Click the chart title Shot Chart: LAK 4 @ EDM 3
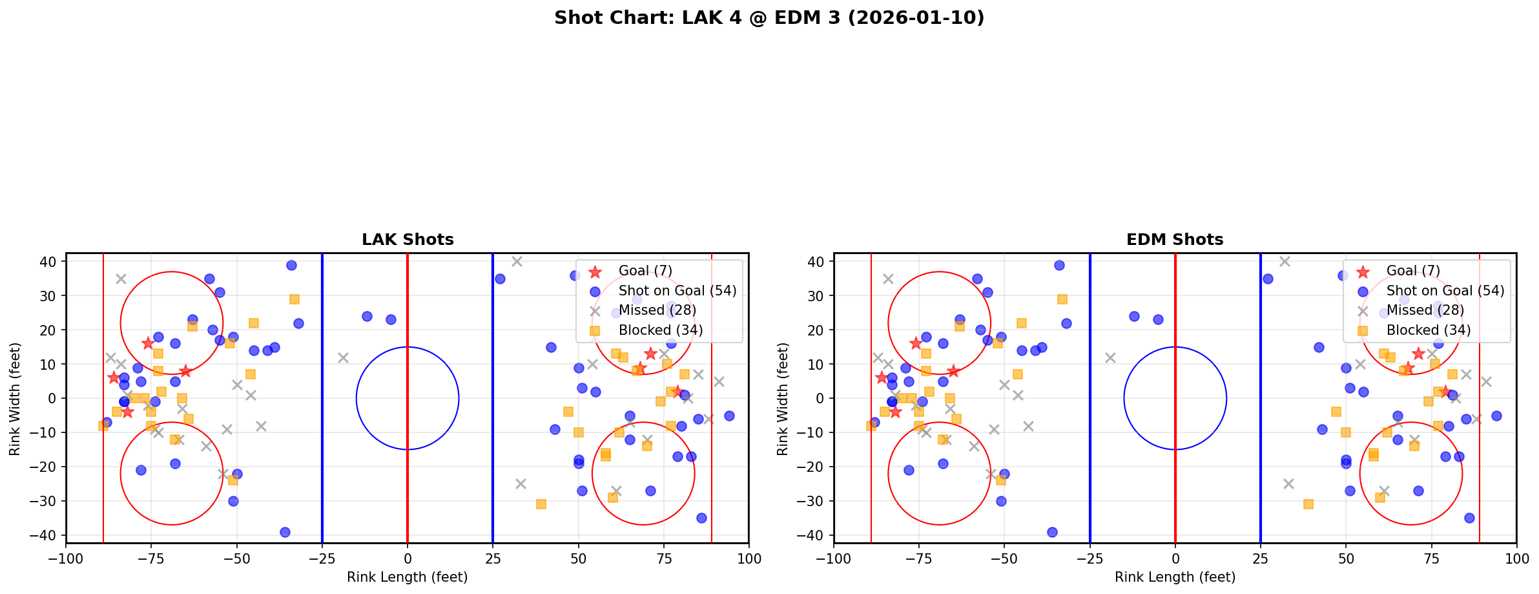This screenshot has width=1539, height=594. pyautogui.click(x=769, y=17)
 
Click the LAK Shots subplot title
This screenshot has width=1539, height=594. pyautogui.click(x=408, y=240)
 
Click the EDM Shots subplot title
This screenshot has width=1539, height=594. pyautogui.click(x=1175, y=240)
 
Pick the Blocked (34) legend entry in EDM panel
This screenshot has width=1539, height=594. pyautogui.click(x=1429, y=330)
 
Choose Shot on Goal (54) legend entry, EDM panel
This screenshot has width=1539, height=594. pyautogui.click(x=1445, y=291)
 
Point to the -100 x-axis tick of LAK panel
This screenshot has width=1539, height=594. pyautogui.click(x=66, y=558)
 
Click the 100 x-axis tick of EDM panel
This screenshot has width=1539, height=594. pyautogui.click(x=1516, y=558)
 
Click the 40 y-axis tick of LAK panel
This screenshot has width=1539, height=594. pyautogui.click(x=49, y=262)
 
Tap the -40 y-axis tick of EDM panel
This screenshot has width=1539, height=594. pyautogui.click(x=813, y=535)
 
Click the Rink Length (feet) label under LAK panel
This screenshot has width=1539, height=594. pyautogui.click(x=408, y=577)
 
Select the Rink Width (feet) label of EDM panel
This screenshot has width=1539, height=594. pyautogui.click(x=783, y=399)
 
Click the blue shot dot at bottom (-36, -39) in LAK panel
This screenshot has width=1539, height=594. pyautogui.click(x=285, y=532)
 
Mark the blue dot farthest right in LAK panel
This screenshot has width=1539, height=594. pyautogui.click(x=729, y=416)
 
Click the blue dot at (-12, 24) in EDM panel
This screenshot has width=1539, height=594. pyautogui.click(x=1134, y=316)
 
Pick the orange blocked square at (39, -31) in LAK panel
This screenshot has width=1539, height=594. pyautogui.click(x=541, y=504)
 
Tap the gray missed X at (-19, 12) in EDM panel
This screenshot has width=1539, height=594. pyautogui.click(x=1110, y=357)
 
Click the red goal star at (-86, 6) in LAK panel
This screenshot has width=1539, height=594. pyautogui.click(x=114, y=377)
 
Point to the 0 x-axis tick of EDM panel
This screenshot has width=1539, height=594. pyautogui.click(x=1175, y=558)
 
